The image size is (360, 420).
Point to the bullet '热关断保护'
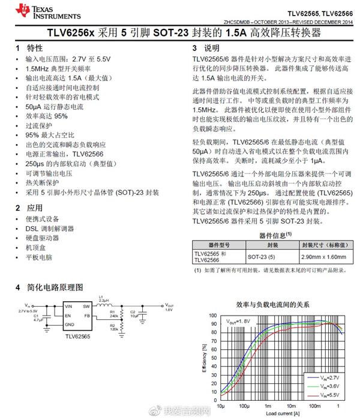pyautogui.click(x=43, y=182)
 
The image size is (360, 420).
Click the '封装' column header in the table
pyautogui.click(x=272, y=244)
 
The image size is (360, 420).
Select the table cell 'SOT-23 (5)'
pyautogui.click(x=265, y=256)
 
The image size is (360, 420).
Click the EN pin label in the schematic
pyautogui.click(x=68, y=315)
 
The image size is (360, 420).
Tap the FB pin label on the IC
pyautogui.click(x=86, y=315)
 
